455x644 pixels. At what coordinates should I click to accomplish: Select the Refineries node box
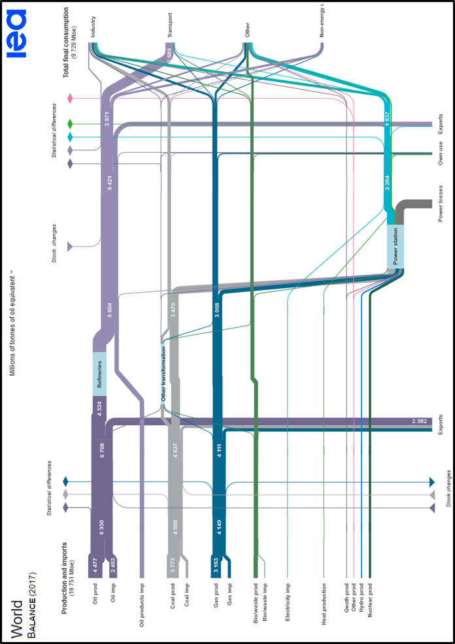pos(99,374)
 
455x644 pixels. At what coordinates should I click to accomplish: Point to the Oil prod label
pos(95,598)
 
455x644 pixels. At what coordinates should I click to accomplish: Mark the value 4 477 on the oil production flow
pos(95,566)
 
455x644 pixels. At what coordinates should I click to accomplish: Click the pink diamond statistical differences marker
pos(70,99)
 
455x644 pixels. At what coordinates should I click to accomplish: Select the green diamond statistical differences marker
pos(70,123)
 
